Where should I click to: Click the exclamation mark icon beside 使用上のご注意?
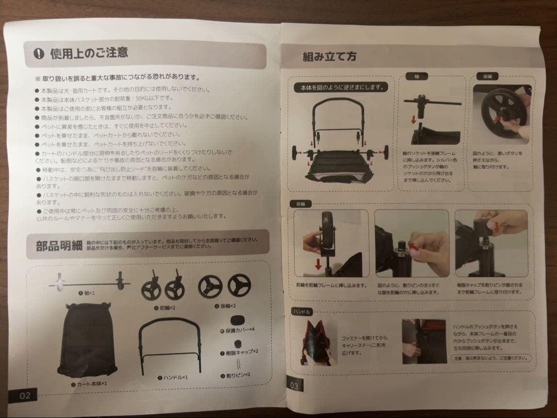[39, 54]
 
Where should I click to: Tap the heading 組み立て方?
[329, 57]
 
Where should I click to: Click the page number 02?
[25, 396]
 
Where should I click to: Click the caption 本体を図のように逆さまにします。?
[341, 88]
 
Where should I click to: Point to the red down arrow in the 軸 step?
[413, 120]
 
